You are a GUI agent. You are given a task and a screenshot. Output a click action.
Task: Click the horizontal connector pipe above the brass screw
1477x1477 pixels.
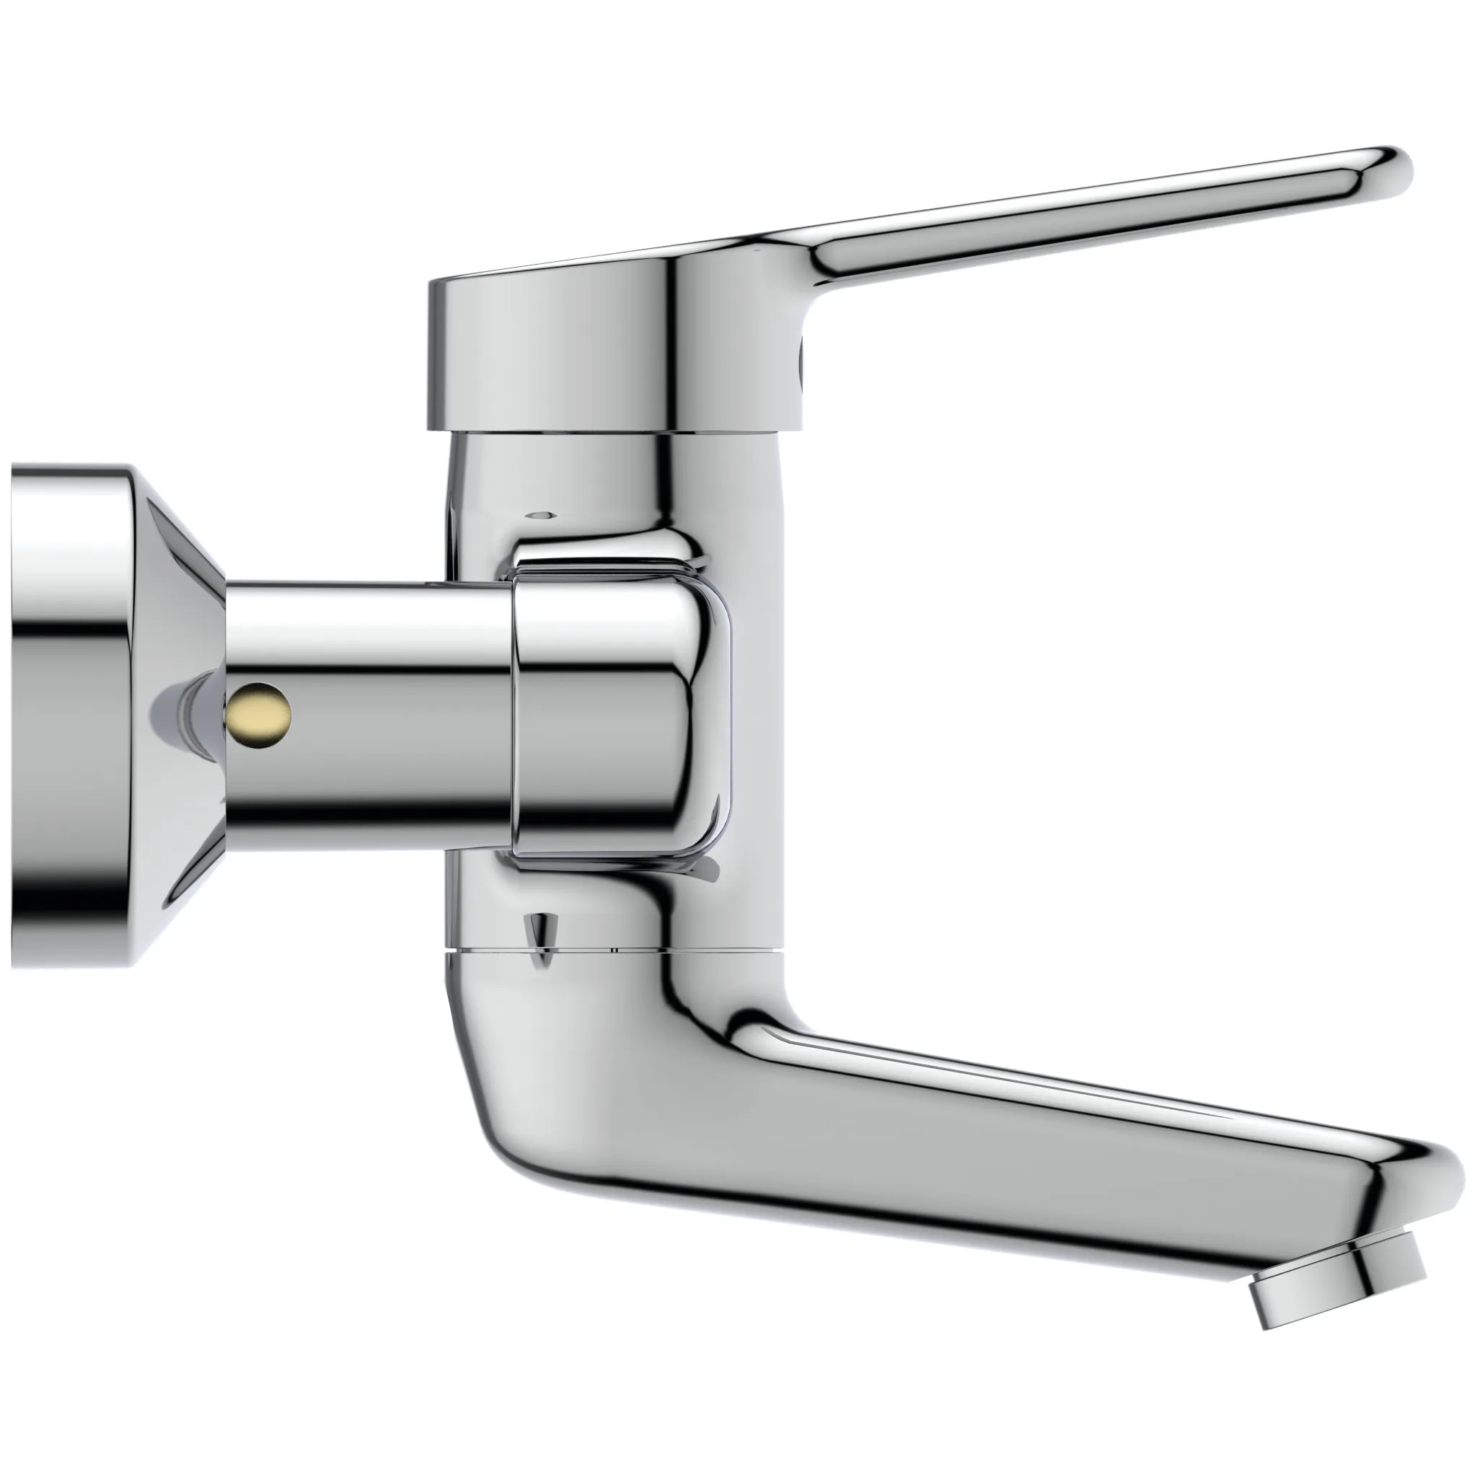pyautogui.click(x=367, y=627)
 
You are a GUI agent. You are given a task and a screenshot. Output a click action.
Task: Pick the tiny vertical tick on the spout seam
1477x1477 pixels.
pyautogui.click(x=613, y=950)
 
